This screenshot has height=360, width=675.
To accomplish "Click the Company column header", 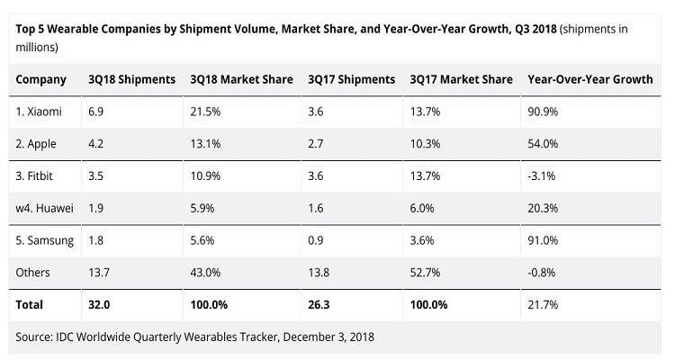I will click(41, 79).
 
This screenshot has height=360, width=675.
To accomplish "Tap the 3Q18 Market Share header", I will click(241, 79).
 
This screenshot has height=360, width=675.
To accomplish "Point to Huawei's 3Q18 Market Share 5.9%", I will click(203, 209).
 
